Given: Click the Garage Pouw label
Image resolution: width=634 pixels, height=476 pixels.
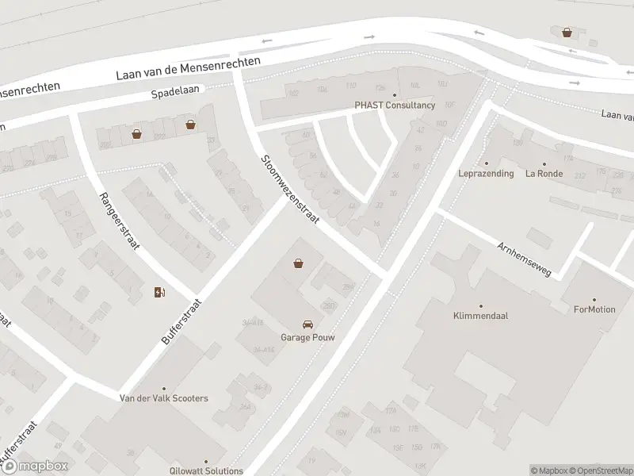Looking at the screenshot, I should [307, 336].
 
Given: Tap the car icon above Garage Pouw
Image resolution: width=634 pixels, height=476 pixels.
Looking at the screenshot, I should [307, 324].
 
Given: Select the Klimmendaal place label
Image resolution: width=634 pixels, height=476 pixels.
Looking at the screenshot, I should [480, 315].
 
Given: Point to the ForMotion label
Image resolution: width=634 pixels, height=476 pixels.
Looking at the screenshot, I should [594, 309].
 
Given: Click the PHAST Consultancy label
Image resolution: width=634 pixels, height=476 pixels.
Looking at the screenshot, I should [395, 105].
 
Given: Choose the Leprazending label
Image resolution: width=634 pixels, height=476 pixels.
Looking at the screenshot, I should [486, 173].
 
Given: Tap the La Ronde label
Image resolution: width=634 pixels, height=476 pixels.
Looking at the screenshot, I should [544, 173].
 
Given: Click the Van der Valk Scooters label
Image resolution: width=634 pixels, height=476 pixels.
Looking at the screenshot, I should [163, 397].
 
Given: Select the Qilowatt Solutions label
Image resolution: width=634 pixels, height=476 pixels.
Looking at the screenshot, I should [206, 470].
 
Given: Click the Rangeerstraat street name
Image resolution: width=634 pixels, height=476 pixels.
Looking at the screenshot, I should [119, 221].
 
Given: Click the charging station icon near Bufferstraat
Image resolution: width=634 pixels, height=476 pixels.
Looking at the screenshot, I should [159, 292].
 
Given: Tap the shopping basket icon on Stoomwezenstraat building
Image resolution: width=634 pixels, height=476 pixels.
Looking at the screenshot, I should [299, 263].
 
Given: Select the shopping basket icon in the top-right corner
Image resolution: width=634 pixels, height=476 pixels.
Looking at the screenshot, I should [567, 33].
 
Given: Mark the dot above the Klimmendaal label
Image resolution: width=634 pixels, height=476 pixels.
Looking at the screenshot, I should [480, 305].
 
